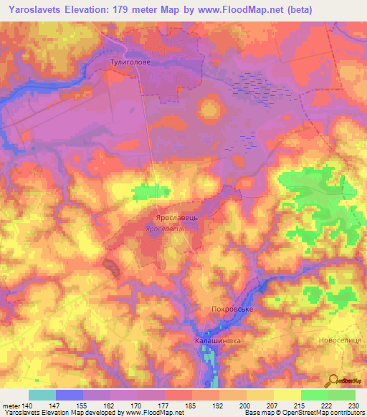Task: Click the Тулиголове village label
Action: click(130, 63)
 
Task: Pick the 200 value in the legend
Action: click(245, 406)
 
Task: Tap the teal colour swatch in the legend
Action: click(42, 395)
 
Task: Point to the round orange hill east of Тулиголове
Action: click(211, 108)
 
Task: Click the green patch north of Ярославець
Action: click(151, 191)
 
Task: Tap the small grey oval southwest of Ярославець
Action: click(112, 267)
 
